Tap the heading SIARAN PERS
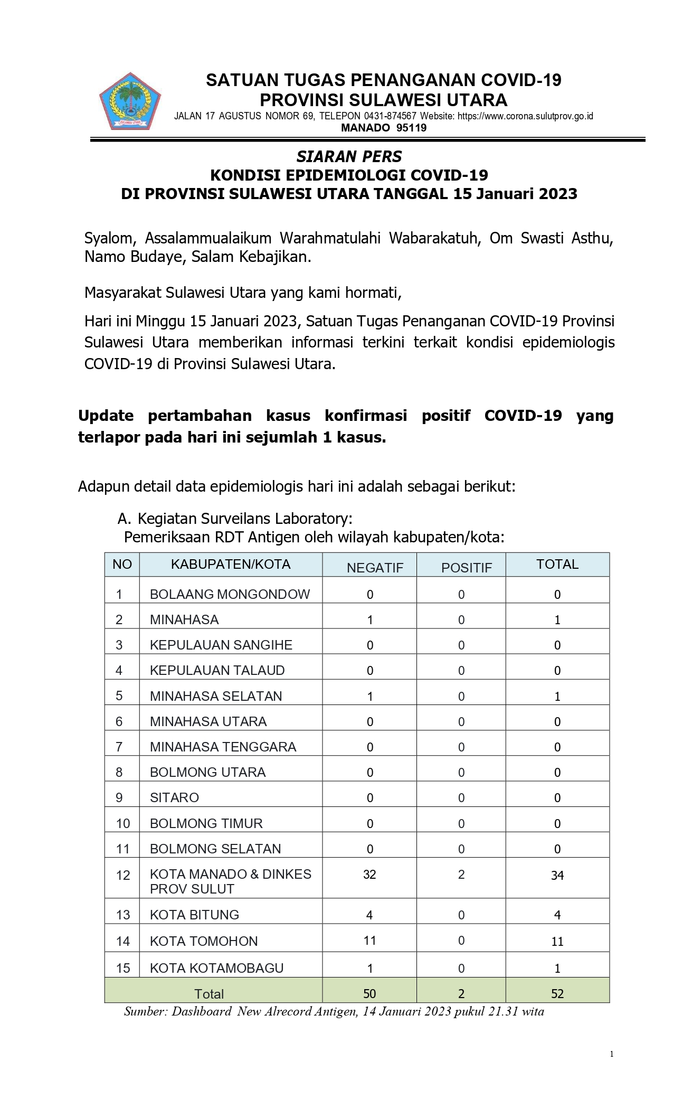point(349,156)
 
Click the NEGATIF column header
point(375,568)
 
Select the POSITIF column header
point(467,568)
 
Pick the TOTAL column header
point(557,564)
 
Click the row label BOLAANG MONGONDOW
point(230,594)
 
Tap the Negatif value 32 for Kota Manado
point(369,874)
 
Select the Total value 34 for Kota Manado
point(557,875)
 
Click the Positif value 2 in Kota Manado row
point(461,874)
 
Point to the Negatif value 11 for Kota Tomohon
point(369,940)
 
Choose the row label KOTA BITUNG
point(194,915)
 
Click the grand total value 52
point(557,993)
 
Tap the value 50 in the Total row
point(369,993)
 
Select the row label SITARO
point(174,797)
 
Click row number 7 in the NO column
point(119,747)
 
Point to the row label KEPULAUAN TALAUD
point(217,670)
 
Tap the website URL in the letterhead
point(525,116)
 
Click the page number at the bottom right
point(612,1054)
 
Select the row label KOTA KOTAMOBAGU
point(216,968)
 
